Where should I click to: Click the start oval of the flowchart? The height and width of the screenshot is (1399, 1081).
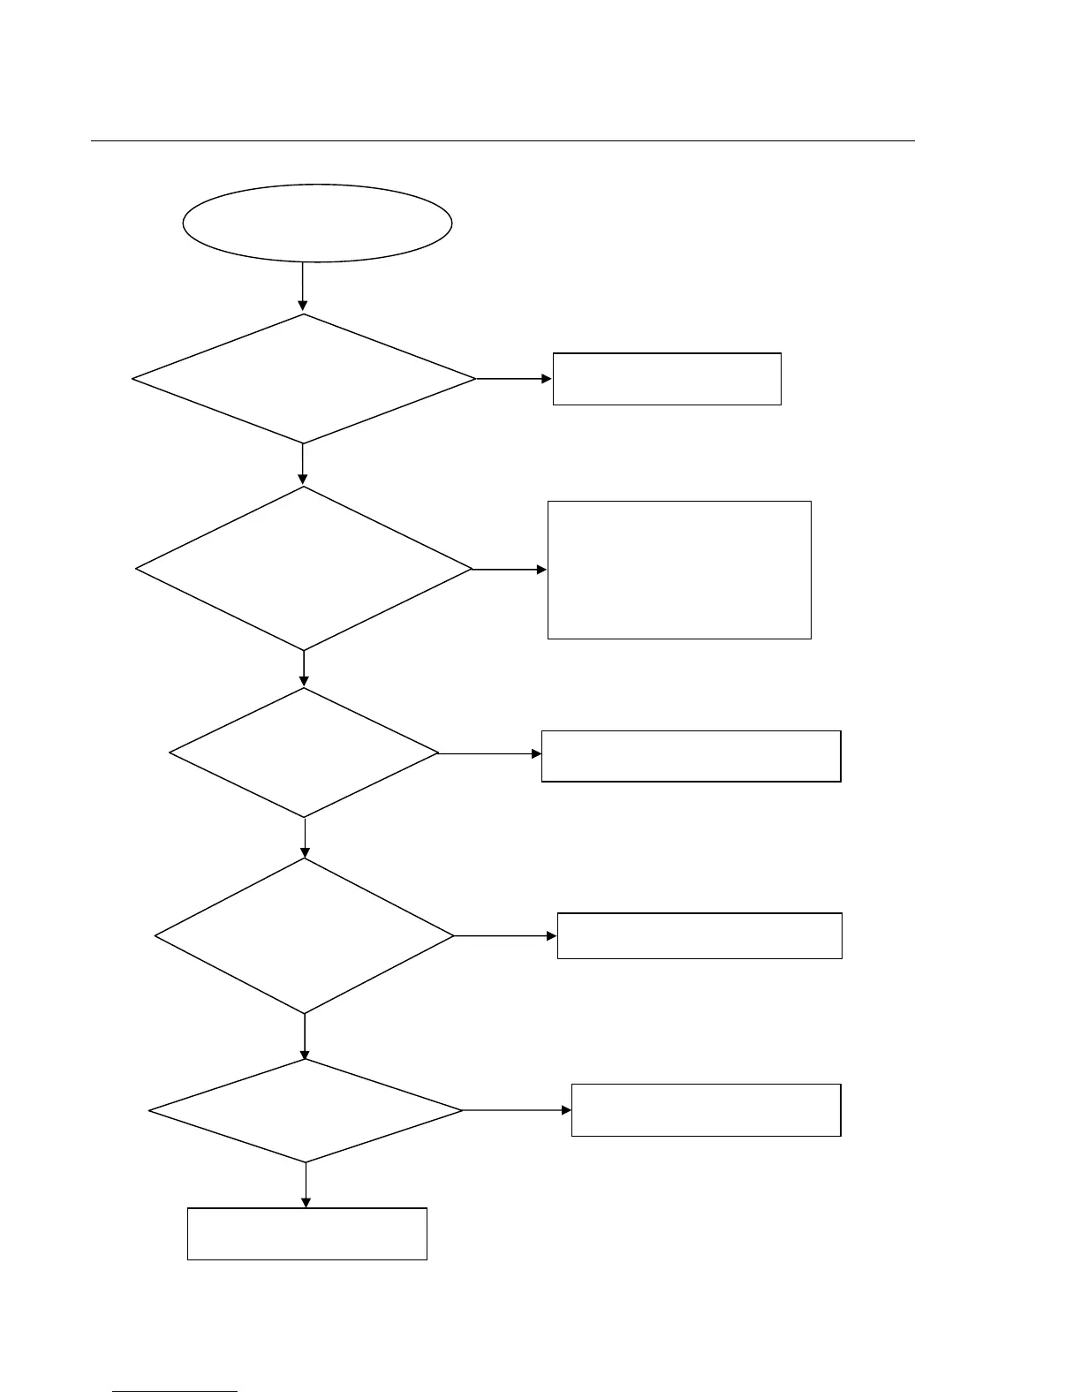317,223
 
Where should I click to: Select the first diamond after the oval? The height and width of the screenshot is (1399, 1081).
304,379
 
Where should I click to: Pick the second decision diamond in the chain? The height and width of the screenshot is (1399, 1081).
304,569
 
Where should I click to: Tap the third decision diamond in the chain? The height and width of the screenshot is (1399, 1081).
304,753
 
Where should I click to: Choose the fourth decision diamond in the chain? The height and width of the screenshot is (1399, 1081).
305,936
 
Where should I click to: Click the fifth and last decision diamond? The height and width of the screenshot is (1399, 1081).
306,1110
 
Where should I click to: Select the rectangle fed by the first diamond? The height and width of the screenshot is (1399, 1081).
667,379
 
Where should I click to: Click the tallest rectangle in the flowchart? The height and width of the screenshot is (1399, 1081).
679,570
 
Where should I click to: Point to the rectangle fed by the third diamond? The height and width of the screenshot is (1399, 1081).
691,756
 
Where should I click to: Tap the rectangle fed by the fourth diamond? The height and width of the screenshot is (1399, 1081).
699,936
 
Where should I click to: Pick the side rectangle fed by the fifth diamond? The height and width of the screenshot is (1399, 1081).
706,1110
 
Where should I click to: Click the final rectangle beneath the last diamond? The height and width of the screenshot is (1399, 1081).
307,1234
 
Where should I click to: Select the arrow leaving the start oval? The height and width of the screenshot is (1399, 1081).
303,286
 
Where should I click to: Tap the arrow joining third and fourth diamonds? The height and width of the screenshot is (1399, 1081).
305,837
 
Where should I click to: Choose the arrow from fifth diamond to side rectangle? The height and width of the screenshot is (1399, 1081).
517,1110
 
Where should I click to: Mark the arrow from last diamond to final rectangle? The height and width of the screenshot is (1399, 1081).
306,1184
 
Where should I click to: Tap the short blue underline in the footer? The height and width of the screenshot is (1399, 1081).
175,1392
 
